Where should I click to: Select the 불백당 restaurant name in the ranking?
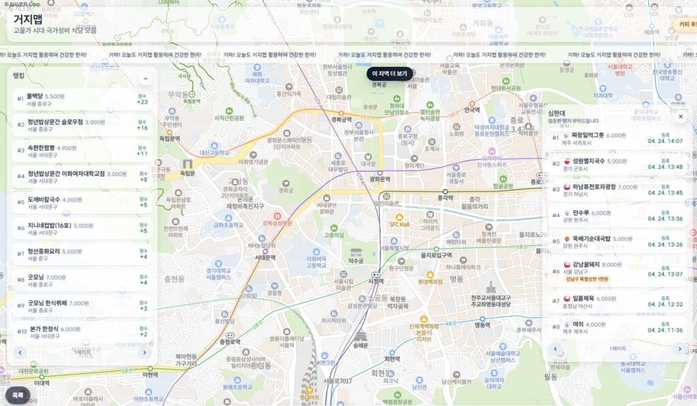[x=35, y=97]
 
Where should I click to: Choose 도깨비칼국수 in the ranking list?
[x=45, y=200]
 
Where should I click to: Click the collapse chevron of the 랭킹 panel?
[x=145, y=78]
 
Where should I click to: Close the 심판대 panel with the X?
[x=680, y=116]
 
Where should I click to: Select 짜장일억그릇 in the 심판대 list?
[x=588, y=136]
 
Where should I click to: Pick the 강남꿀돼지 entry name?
[x=586, y=264]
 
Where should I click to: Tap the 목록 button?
[x=18, y=394]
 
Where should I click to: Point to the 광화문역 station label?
[x=379, y=179]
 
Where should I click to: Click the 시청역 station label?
[x=376, y=281]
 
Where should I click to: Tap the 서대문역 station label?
[x=265, y=257]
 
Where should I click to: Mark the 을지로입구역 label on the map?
[x=437, y=255]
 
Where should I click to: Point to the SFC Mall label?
[x=400, y=224]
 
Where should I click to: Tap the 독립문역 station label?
[x=169, y=138]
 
